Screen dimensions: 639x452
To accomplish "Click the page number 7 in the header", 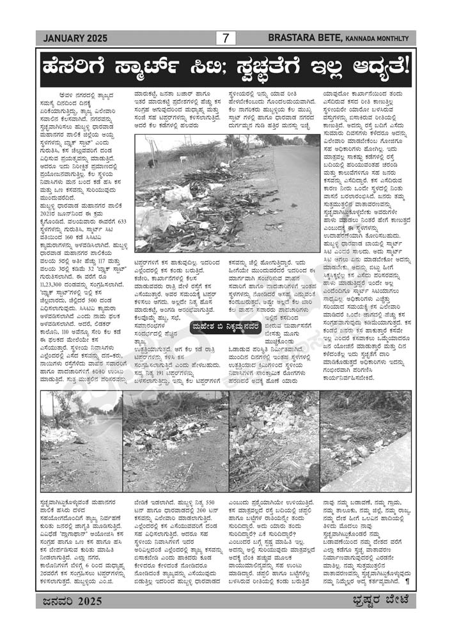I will [x=225, y=38].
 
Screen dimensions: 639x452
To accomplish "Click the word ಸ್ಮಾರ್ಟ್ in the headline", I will [x=169, y=66].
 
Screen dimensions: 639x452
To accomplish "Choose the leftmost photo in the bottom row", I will [x=81, y=442].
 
